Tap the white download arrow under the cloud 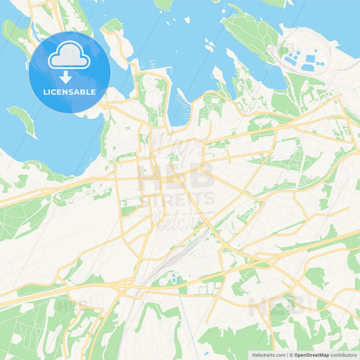click(66, 76)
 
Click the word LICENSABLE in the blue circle click(69, 91)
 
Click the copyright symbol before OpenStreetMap click(291, 354)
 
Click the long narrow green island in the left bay click(24, 122)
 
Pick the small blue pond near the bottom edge click(199, 352)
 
